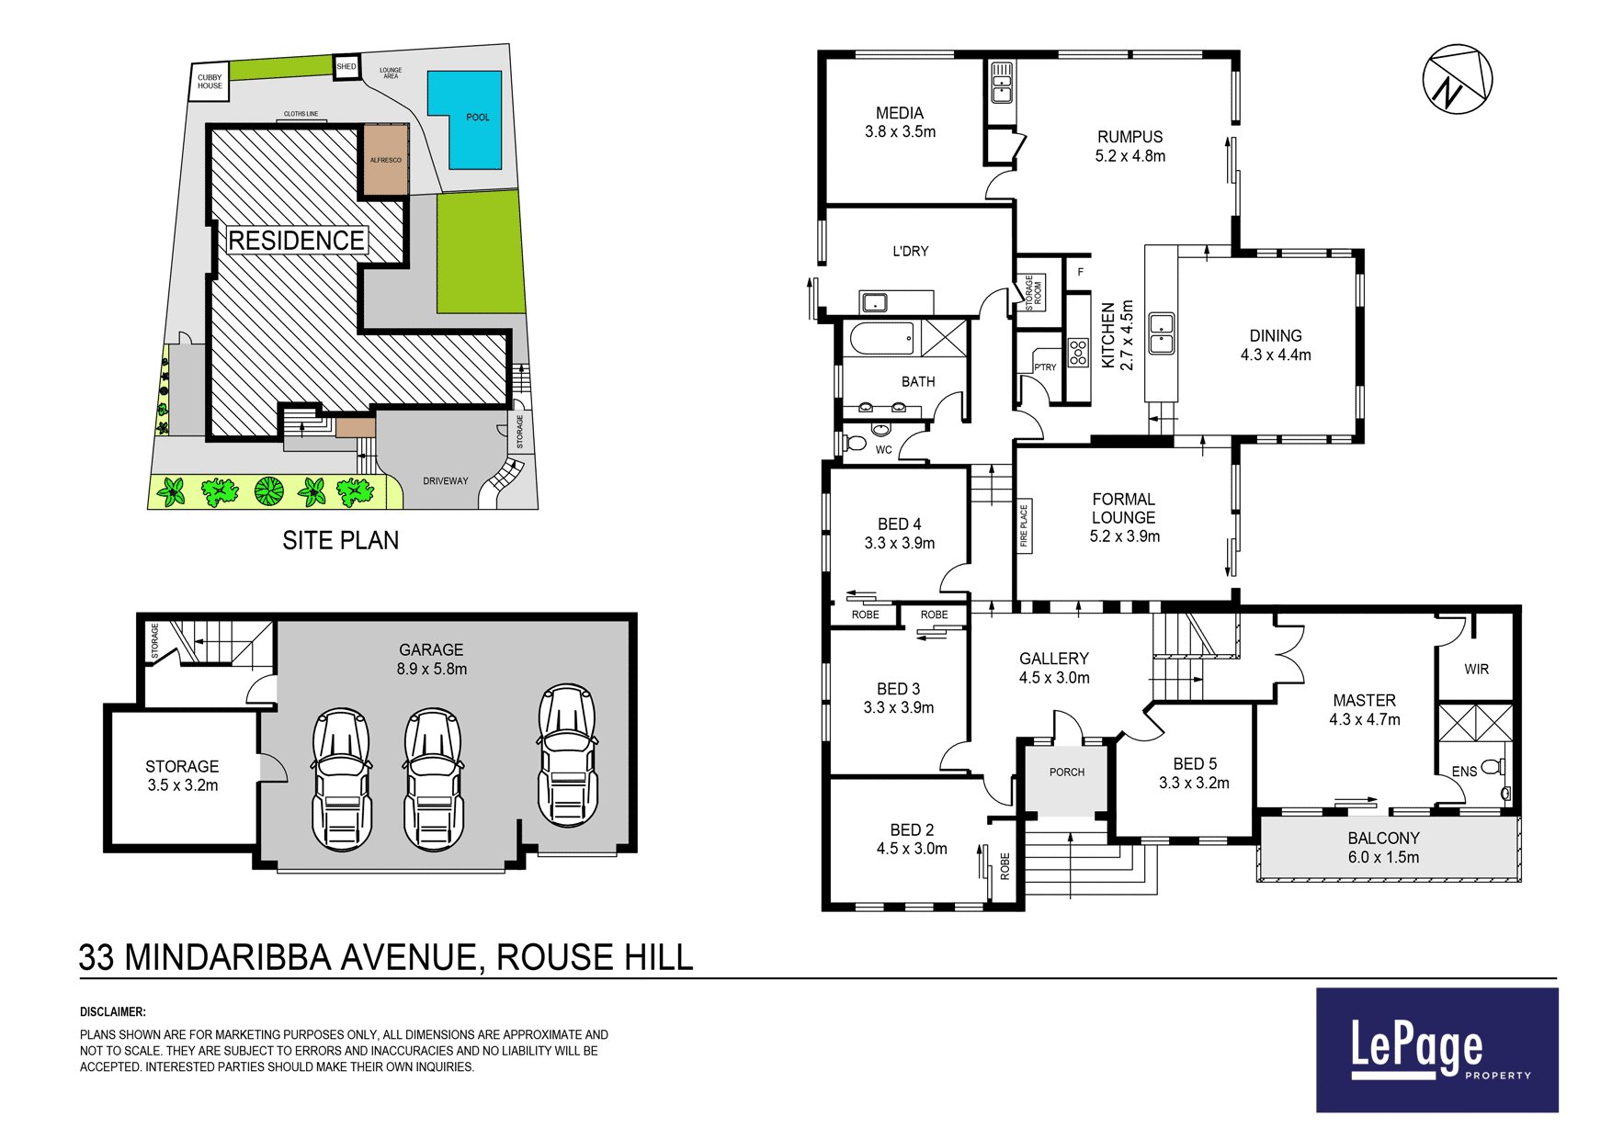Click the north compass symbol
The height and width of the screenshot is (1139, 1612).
point(1457,79)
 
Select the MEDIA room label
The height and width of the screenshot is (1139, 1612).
point(900,113)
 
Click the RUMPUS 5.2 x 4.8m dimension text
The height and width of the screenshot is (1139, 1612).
point(1130,156)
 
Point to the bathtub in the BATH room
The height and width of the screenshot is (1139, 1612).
point(882,338)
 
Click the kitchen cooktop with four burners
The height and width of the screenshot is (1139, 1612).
point(1078,352)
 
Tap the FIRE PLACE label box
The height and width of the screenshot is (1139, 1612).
point(1024,526)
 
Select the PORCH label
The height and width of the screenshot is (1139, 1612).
point(1067,772)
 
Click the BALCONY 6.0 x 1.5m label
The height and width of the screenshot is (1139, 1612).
point(1384,848)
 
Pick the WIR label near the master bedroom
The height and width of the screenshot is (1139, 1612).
point(1477,670)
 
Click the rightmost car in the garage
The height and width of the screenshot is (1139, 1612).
point(568,755)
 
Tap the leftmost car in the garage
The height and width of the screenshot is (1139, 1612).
point(342,779)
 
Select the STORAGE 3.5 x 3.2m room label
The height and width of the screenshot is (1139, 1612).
point(182,775)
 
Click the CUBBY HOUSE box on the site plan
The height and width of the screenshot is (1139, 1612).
point(210,82)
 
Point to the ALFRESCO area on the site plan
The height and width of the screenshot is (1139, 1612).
point(386,161)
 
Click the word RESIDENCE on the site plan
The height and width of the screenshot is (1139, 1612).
point(296,241)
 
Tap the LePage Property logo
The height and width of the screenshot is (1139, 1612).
point(1437,1050)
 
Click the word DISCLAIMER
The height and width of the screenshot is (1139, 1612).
point(113,1012)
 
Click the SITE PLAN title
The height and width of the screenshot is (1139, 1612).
point(341,540)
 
